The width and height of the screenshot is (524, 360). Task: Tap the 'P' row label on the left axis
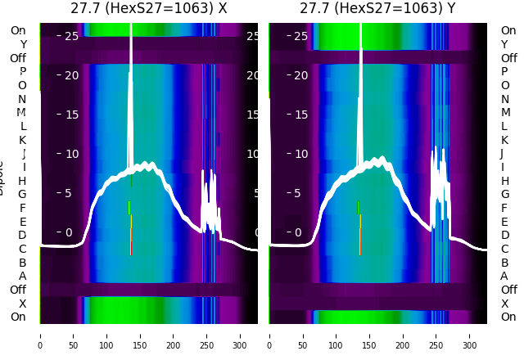(x=22, y=72)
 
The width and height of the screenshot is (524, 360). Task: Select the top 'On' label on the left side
(x=18, y=31)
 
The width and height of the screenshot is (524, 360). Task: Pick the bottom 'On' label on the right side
(x=508, y=317)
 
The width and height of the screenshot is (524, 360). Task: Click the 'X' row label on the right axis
(x=504, y=304)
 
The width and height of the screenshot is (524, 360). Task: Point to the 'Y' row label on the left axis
(x=23, y=44)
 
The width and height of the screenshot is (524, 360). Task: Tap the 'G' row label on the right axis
(x=504, y=195)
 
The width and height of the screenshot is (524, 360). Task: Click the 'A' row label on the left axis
(x=22, y=276)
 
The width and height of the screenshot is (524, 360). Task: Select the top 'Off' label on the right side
(x=509, y=58)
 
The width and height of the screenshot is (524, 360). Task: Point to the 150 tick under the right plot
(x=369, y=335)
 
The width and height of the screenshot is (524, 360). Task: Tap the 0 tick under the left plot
(x=40, y=335)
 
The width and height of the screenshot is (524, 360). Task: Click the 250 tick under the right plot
(x=436, y=335)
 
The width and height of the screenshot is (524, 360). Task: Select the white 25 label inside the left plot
(x=71, y=36)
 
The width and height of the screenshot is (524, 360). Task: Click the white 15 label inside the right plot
(x=300, y=115)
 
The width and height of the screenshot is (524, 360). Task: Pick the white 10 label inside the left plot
(x=71, y=154)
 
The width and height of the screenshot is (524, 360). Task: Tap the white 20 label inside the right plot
(x=300, y=75)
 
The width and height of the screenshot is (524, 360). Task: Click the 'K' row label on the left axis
(x=22, y=140)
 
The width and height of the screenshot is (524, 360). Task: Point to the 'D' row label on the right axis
(x=504, y=236)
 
